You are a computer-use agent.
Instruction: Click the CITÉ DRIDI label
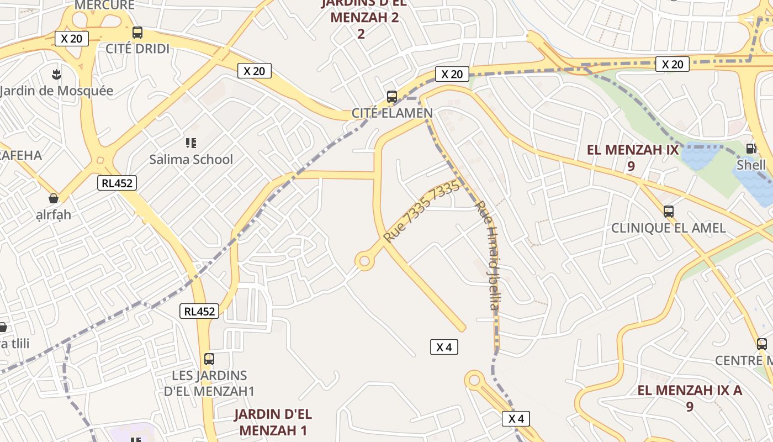pyautogui.click(x=137, y=49)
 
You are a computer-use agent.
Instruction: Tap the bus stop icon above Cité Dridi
pyautogui.click(x=137, y=33)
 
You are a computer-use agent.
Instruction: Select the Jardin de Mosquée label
pyautogui.click(x=56, y=91)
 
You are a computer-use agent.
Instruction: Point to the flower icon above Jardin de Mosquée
pyautogui.click(x=56, y=73)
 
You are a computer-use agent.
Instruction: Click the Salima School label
pyautogui.click(x=191, y=160)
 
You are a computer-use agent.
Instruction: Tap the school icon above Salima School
pyautogui.click(x=191, y=144)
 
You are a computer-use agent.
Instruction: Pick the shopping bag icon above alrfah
pyautogui.click(x=54, y=198)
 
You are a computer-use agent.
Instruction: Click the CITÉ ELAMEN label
pyautogui.click(x=392, y=113)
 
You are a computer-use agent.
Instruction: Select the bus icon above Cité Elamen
pyautogui.click(x=392, y=97)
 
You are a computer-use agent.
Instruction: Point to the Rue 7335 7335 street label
pyautogui.click(x=421, y=212)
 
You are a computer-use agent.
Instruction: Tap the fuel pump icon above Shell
pyautogui.click(x=751, y=148)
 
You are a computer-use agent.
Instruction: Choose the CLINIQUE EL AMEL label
pyautogui.click(x=668, y=228)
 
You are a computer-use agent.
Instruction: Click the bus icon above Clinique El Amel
pyautogui.click(x=668, y=211)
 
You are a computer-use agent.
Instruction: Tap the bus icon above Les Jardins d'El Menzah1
pyautogui.click(x=209, y=359)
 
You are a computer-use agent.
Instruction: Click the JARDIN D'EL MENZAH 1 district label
pyautogui.click(x=272, y=422)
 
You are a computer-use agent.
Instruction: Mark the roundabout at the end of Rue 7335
pyautogui.click(x=364, y=261)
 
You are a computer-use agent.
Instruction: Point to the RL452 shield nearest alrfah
pyautogui.click(x=117, y=183)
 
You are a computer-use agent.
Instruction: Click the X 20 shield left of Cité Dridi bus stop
pyautogui.click(x=72, y=38)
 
